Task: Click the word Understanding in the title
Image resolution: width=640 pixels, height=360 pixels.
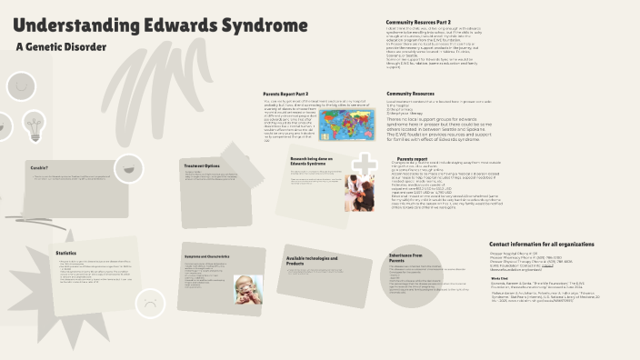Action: (x=76, y=27)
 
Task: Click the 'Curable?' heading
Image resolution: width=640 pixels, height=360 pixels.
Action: (x=39, y=168)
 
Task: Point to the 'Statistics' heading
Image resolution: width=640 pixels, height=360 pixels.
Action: (x=65, y=253)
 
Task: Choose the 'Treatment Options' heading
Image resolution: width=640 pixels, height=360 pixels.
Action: (x=201, y=166)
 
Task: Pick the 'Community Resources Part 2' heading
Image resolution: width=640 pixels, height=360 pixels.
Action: (x=419, y=20)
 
